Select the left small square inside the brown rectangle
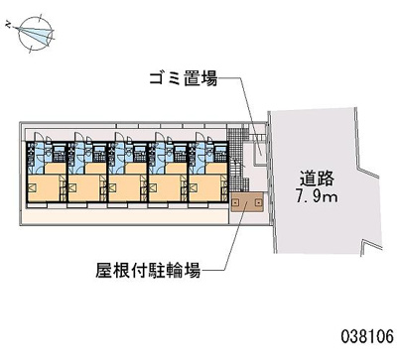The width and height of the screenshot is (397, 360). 237,202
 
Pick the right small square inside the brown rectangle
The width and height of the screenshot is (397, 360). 258,202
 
